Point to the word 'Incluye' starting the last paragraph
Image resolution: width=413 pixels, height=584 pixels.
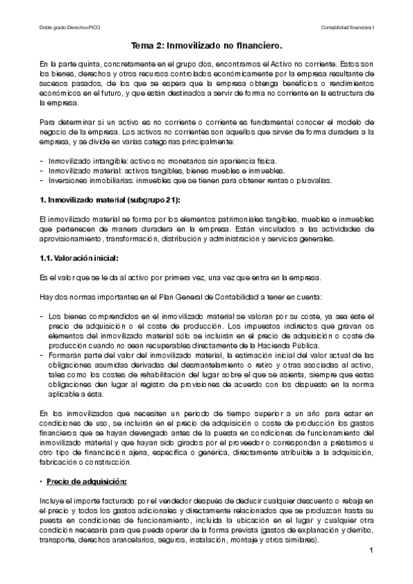(54, 498)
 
